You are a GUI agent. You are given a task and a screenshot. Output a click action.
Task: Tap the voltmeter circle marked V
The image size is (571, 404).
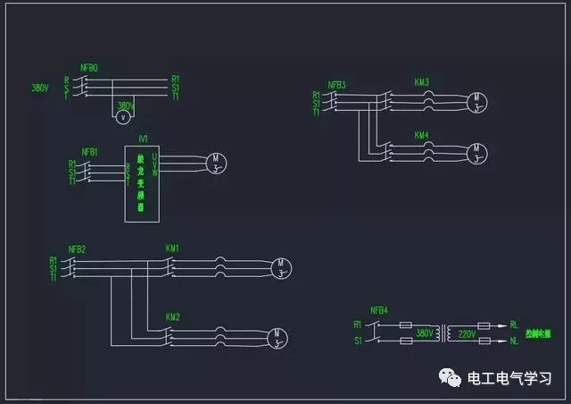(x=124, y=116)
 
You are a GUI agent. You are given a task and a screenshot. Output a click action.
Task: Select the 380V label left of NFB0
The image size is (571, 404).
(x=39, y=88)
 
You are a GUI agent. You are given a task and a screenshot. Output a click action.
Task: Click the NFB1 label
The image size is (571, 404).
(x=89, y=152)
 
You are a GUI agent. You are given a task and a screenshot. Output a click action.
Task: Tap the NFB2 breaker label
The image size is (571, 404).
(x=77, y=248)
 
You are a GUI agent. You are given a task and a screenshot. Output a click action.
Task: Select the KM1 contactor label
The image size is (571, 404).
(x=172, y=248)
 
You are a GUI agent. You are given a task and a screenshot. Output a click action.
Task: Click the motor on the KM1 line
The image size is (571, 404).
(x=281, y=266)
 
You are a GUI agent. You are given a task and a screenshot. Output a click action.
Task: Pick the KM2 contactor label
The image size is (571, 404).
(x=172, y=316)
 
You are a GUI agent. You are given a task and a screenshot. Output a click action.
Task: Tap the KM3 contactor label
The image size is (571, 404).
(x=422, y=82)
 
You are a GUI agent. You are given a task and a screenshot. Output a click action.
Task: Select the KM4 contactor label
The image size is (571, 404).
(x=422, y=135)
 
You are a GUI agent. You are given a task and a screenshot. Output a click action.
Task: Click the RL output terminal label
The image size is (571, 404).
(x=513, y=325)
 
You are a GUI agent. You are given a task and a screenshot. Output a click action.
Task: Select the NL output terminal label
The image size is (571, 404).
(x=513, y=341)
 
